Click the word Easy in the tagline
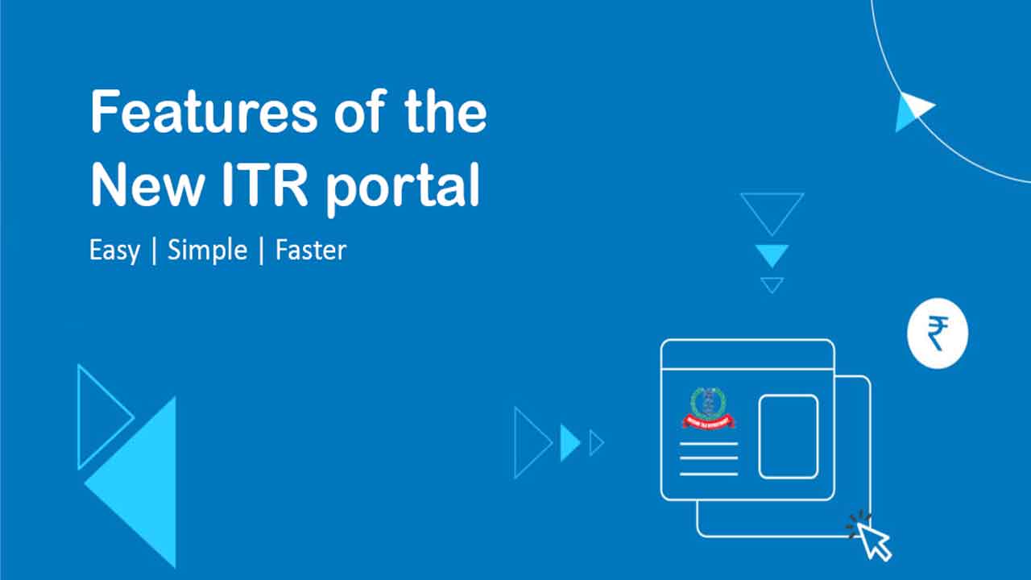coord(114,251)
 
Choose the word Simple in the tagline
coord(207,251)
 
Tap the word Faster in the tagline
coord(311,251)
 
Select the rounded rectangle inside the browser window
coord(789,436)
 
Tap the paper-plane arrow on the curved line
coord(913,110)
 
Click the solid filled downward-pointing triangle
coord(772,255)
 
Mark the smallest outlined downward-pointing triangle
coord(772,284)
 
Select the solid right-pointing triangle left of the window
coord(568,443)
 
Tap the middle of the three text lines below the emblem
coord(709,458)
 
